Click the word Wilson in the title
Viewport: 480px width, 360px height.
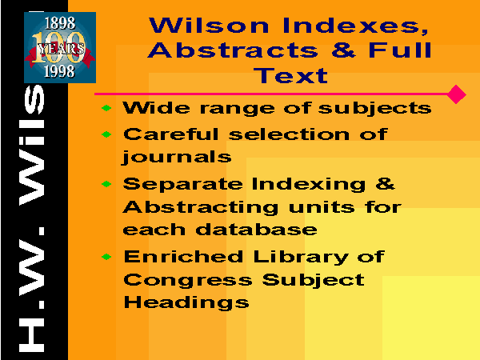209,26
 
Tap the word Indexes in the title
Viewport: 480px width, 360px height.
355,26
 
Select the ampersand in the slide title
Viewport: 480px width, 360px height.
343,50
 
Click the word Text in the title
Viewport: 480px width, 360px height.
290,75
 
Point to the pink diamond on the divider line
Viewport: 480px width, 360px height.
456,94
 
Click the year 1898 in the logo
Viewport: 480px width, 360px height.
60,23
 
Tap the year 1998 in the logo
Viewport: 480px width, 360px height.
59,72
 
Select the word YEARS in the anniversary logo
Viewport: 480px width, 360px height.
61,49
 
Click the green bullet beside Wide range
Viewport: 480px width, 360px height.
106,108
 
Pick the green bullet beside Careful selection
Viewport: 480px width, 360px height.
106,134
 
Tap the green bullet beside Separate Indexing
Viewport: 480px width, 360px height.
106,184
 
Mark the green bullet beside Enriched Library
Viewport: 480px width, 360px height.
106,257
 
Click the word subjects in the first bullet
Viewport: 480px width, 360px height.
374,109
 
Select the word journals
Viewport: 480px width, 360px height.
177,158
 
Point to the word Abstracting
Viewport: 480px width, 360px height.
201,208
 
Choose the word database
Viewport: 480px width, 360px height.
256,230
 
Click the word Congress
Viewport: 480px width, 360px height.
188,281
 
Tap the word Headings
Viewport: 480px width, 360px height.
186,303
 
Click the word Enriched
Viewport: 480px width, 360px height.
183,256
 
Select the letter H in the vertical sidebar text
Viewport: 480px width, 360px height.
31,335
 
